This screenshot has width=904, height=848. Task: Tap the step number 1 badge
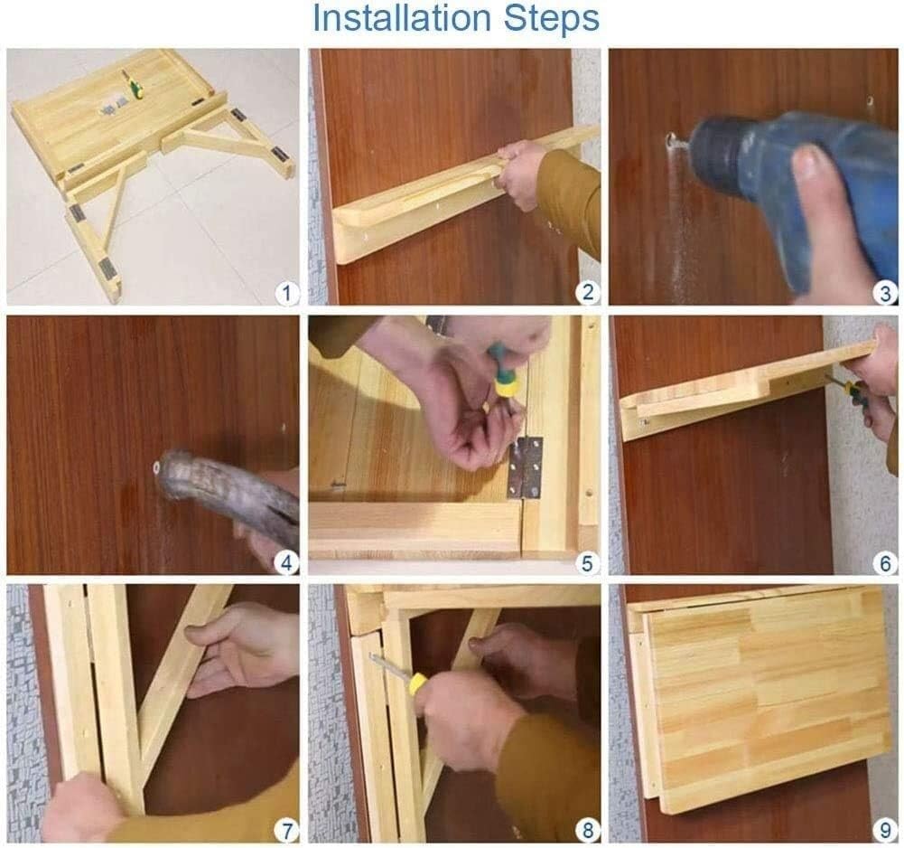(286, 293)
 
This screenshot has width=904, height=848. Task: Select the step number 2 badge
(588, 292)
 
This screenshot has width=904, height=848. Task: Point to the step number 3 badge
(886, 293)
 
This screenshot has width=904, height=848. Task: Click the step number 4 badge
(286, 562)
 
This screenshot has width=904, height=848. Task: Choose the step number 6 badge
(886, 562)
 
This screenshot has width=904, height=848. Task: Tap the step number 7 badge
(286, 830)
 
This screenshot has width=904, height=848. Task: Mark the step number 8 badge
(588, 830)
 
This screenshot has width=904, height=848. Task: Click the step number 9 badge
(886, 830)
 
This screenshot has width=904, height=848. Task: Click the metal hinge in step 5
(526, 467)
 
